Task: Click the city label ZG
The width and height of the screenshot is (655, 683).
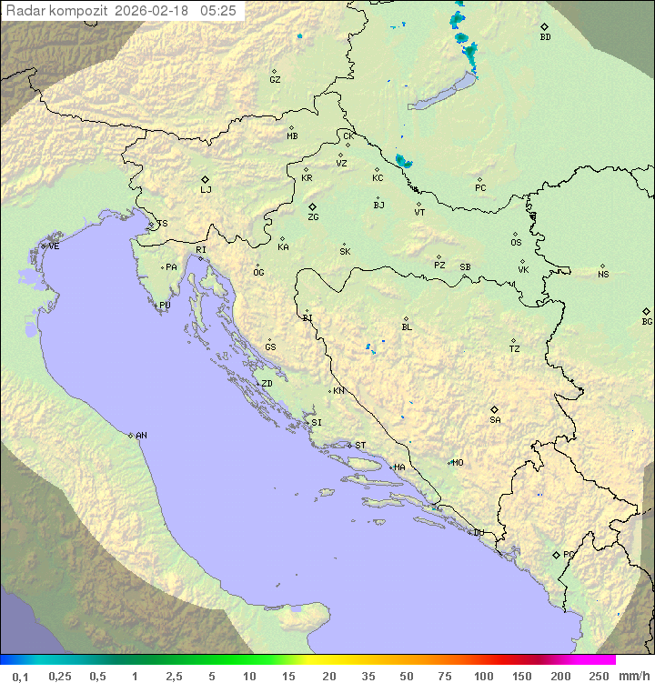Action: pos(313,217)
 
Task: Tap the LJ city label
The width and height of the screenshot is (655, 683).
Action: pos(206,190)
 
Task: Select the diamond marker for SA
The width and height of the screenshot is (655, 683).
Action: pos(494,409)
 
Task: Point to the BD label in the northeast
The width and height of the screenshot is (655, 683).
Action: pos(545,37)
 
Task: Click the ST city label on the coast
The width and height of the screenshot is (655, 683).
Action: pos(360,446)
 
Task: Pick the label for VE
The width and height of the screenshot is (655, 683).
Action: pos(54,246)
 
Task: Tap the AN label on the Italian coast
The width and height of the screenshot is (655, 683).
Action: pos(141,436)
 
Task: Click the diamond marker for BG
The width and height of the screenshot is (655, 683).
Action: pos(646,311)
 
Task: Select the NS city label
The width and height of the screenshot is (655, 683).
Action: pos(603,275)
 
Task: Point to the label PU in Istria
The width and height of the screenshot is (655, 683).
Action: pos(165,306)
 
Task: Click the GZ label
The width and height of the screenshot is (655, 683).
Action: pos(275,80)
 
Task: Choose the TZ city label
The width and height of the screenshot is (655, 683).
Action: pos(515,349)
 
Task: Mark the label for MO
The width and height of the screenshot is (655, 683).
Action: pos(458,462)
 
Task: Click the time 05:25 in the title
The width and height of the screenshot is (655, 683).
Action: pos(218,11)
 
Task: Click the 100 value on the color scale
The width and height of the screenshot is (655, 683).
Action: pos(483,676)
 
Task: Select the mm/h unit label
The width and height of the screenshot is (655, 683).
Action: pos(631,676)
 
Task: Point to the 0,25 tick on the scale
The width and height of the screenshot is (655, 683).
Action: pos(60,676)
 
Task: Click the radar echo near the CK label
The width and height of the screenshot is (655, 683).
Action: pos(403,162)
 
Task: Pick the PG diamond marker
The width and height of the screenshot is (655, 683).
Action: pos(556,554)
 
